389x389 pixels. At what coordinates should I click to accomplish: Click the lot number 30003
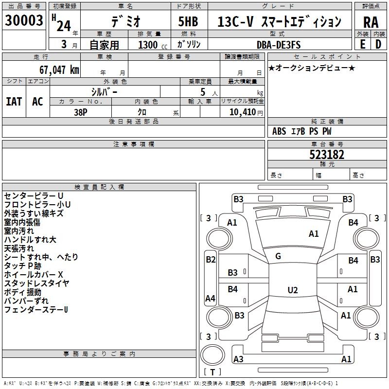[x=24, y=20]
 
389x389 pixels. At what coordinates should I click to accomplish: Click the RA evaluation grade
[x=371, y=22]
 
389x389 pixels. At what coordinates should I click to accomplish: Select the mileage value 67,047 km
[x=59, y=70]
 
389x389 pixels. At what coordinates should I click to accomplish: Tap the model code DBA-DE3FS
[x=279, y=45]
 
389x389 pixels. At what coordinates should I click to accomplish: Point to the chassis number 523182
[x=327, y=155]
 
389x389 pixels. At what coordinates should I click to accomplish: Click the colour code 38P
[x=81, y=112]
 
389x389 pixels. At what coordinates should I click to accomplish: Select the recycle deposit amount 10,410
[x=242, y=112]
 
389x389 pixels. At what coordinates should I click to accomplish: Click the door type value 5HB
[x=188, y=21]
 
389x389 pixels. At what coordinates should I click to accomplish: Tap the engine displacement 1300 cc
[x=153, y=45]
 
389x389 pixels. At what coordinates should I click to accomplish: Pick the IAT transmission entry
[x=14, y=102]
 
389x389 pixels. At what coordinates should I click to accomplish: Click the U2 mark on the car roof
[x=293, y=290]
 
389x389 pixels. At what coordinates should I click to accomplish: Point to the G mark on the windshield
[x=278, y=256]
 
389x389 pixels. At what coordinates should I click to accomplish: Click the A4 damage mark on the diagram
[x=210, y=298]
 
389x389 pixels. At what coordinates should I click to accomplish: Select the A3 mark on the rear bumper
[x=238, y=359]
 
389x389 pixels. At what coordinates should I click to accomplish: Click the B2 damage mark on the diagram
[x=211, y=260]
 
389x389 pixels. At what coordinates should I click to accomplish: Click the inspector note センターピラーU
[x=34, y=196]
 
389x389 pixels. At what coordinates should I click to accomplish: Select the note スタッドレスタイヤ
[x=37, y=283]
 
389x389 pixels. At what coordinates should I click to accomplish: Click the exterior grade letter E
[x=362, y=44]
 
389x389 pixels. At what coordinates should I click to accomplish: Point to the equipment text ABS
[x=279, y=131]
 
